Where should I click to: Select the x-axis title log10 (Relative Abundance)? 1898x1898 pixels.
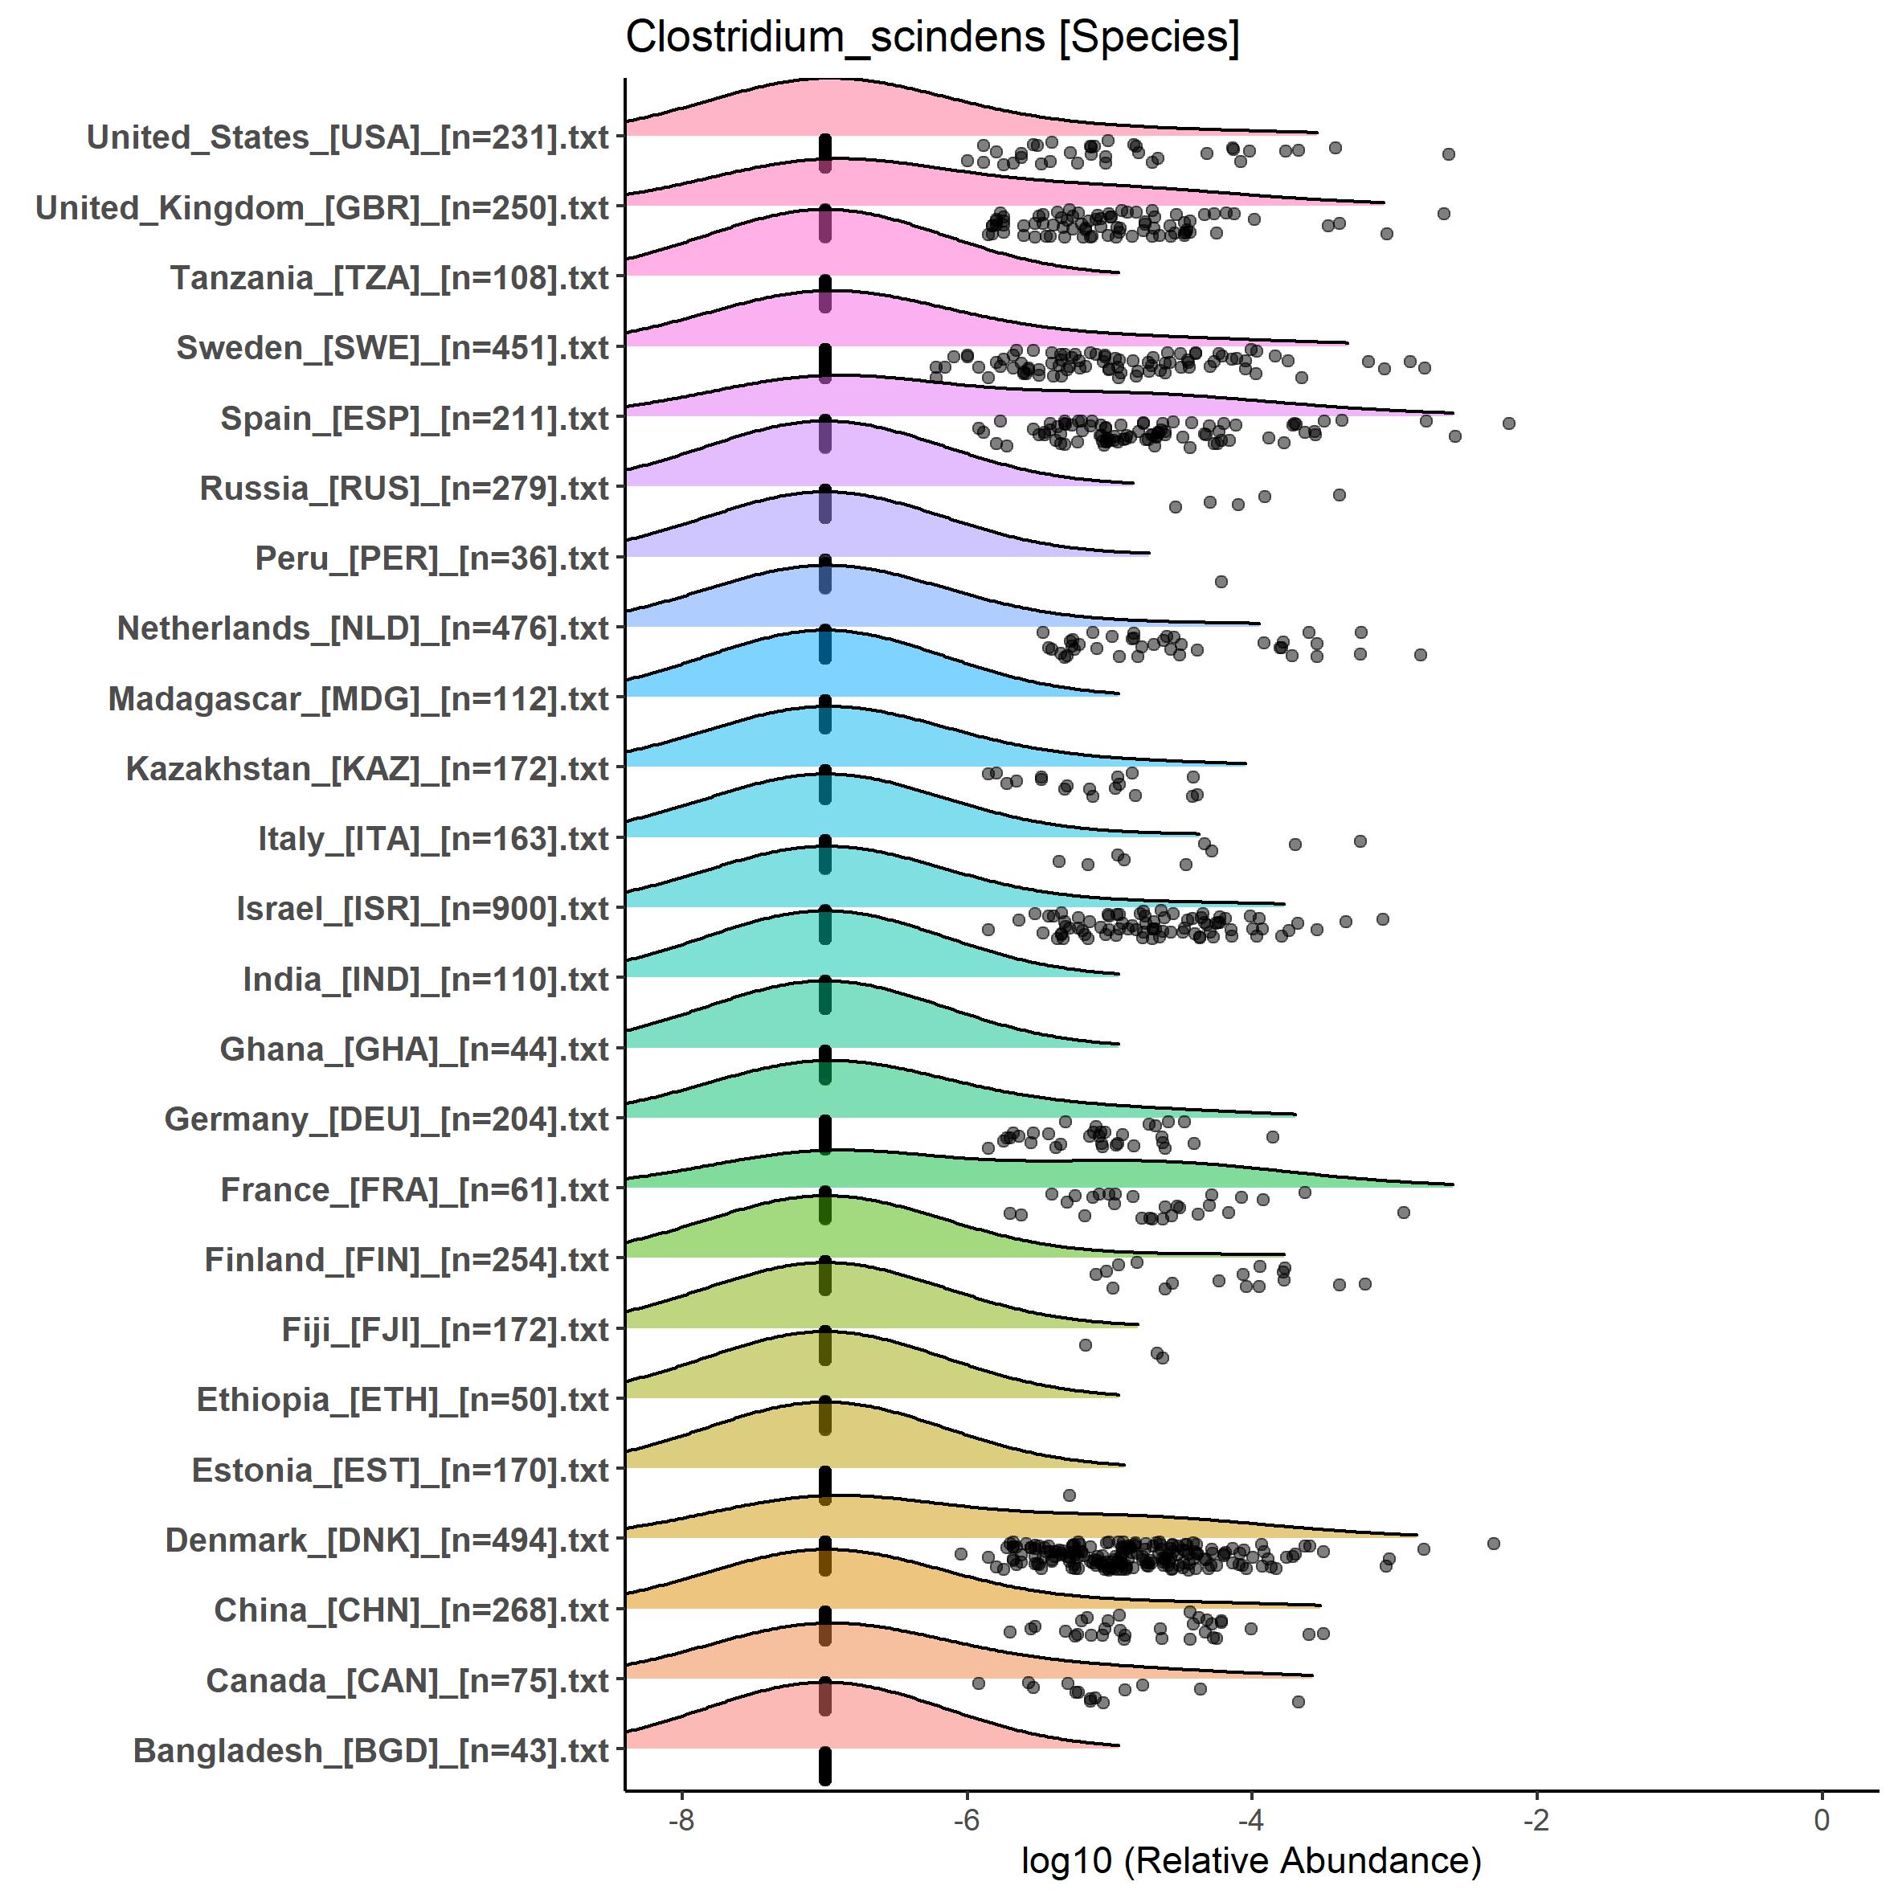1250,1859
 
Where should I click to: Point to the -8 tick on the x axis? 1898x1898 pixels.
681,1819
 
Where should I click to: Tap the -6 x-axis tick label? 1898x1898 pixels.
967,1819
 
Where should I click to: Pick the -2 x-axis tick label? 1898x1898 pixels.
1536,1819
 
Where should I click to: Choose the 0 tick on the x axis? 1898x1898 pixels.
1822,1819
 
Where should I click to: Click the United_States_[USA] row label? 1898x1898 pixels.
348,137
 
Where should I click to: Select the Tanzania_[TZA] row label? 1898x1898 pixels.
390,278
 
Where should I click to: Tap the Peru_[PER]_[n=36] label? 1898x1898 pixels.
432,558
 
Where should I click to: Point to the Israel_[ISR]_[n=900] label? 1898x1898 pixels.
423,909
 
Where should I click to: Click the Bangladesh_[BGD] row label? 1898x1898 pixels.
370,1751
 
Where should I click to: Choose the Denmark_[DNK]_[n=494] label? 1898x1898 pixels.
387,1540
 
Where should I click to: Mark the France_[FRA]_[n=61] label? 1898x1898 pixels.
415,1190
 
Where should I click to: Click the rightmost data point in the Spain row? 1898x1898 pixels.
1509,423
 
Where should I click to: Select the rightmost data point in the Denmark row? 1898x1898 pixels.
1493,1544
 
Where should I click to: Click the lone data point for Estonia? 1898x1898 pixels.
1070,1495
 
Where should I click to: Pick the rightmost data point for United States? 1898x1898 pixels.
1448,154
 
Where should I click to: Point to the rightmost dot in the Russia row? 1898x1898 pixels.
1339,495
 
